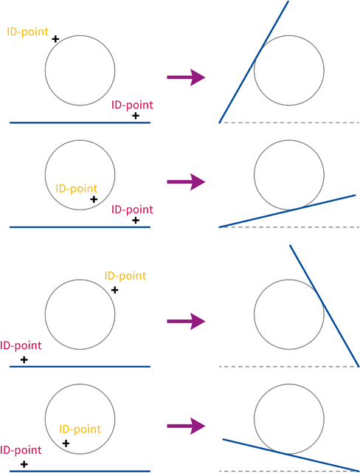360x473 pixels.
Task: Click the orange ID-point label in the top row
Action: click(x=28, y=32)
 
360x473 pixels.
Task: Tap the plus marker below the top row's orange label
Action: click(x=55, y=39)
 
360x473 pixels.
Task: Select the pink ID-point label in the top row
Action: click(x=132, y=106)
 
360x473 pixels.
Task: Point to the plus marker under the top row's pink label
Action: click(x=136, y=116)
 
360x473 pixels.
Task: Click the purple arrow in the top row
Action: click(x=186, y=77)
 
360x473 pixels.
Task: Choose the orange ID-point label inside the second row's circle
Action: click(x=77, y=189)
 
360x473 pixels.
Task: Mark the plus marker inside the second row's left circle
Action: click(x=94, y=199)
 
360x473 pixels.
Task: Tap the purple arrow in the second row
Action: click(x=186, y=182)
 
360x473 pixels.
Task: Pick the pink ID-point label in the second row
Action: click(x=132, y=210)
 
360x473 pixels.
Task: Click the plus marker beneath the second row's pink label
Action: click(x=136, y=220)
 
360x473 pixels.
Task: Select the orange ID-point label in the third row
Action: click(x=125, y=276)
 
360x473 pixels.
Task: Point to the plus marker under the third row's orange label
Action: click(x=114, y=290)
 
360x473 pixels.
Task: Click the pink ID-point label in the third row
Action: click(x=21, y=345)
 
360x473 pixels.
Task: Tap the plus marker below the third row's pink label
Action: click(x=24, y=359)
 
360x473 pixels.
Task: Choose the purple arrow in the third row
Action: click(x=186, y=321)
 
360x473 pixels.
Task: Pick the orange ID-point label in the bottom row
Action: click(x=80, y=429)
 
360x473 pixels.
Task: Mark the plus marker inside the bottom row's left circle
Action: click(x=66, y=443)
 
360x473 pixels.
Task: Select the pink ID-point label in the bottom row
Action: click(x=21, y=450)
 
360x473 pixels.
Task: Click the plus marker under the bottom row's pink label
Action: click(x=24, y=464)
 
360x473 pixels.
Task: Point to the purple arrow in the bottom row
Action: click(x=186, y=426)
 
